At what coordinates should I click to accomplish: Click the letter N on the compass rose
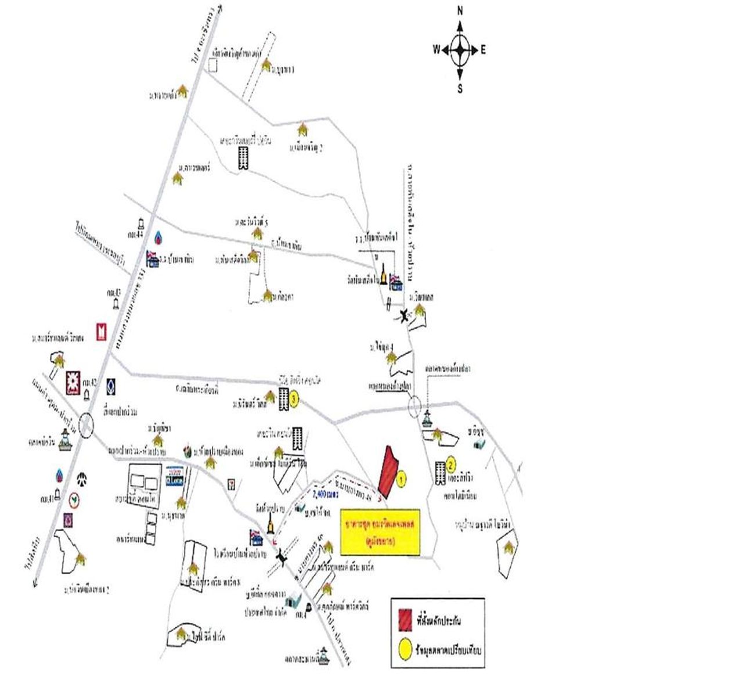pyautogui.click(x=460, y=11)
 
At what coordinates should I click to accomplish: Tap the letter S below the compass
pyautogui.click(x=460, y=89)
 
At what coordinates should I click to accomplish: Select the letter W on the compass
pyautogui.click(x=436, y=50)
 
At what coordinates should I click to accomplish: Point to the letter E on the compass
pyautogui.click(x=483, y=50)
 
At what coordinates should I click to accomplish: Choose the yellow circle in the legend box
pyautogui.click(x=405, y=646)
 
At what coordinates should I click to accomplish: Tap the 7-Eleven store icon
pyautogui.click(x=232, y=483)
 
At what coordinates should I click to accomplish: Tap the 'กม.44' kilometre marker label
pyautogui.click(x=133, y=233)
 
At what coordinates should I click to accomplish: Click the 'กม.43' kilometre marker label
pyautogui.click(x=113, y=291)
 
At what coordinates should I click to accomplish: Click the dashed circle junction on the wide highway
pyautogui.click(x=86, y=425)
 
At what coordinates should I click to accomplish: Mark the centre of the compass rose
pyautogui.click(x=460, y=50)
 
